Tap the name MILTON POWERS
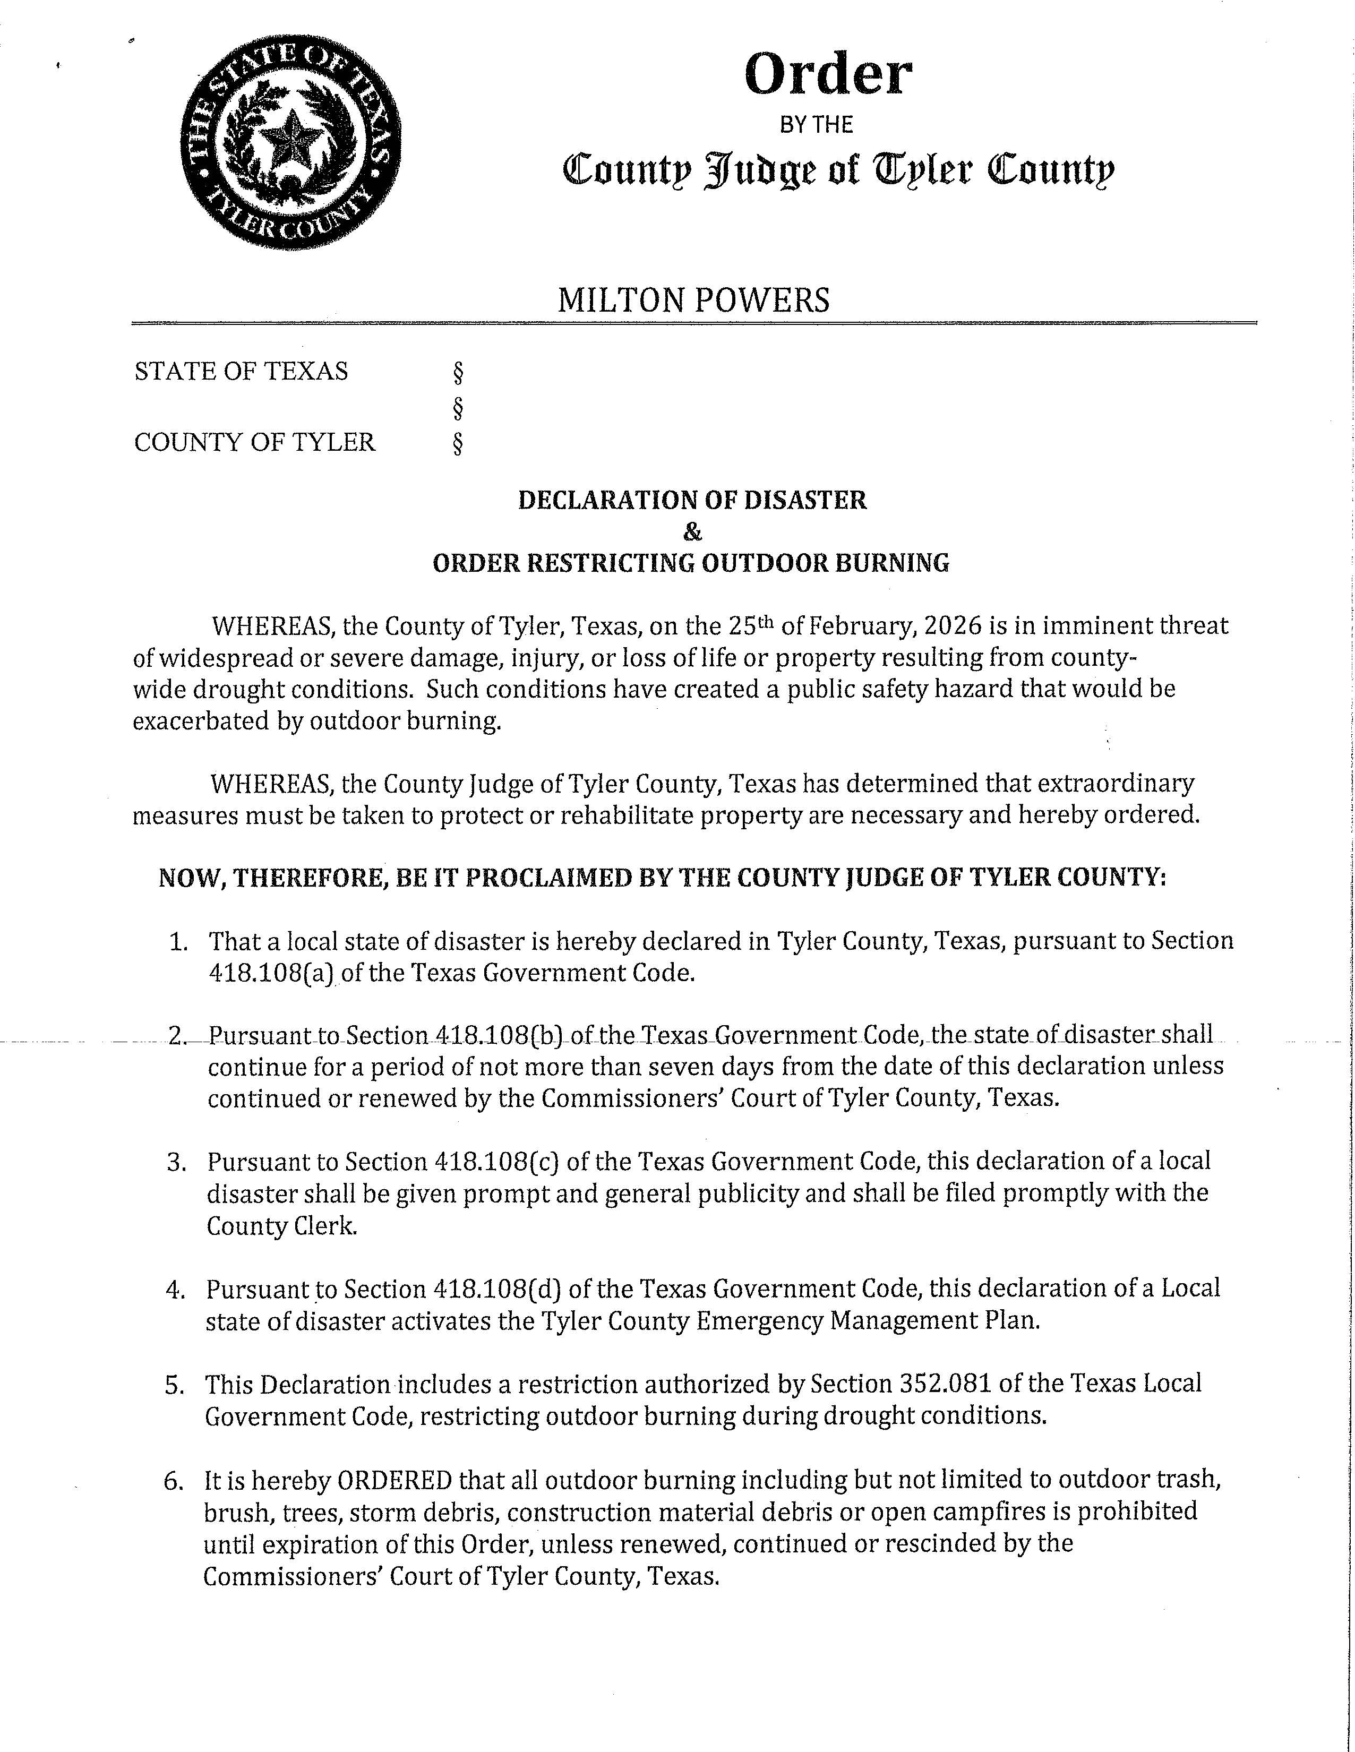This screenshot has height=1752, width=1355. coord(693,300)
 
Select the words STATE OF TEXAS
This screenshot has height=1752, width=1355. coord(242,372)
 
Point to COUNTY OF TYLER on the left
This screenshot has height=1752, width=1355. coord(254,442)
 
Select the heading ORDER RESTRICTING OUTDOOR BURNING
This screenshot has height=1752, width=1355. coord(691,563)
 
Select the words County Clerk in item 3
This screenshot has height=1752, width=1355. coord(281,1226)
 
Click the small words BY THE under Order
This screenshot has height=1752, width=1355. coord(817,124)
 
